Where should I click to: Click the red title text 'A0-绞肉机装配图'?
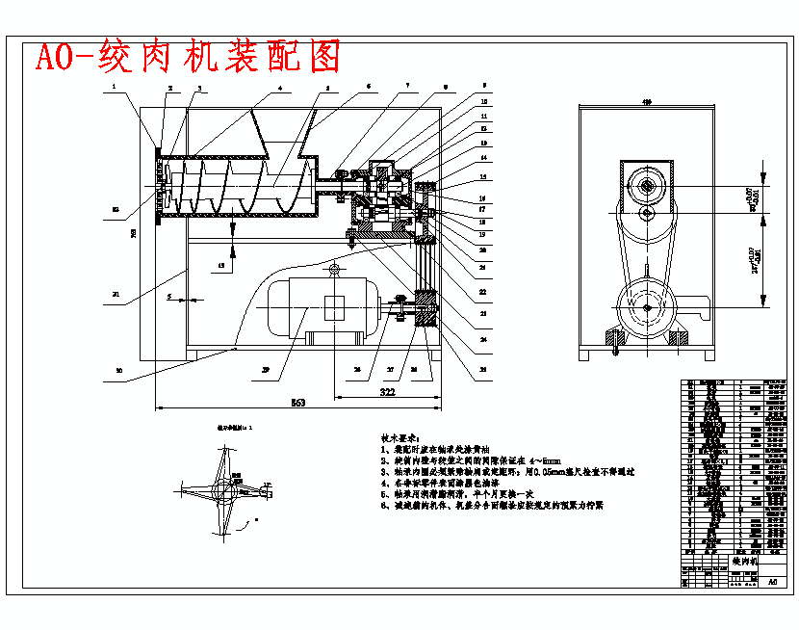click(x=189, y=58)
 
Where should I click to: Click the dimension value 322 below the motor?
click(x=387, y=392)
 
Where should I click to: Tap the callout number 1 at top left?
click(x=113, y=88)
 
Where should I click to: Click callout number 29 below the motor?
click(x=265, y=368)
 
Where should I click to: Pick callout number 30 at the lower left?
click(x=119, y=369)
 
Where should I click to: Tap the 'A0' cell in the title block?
click(x=771, y=582)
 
